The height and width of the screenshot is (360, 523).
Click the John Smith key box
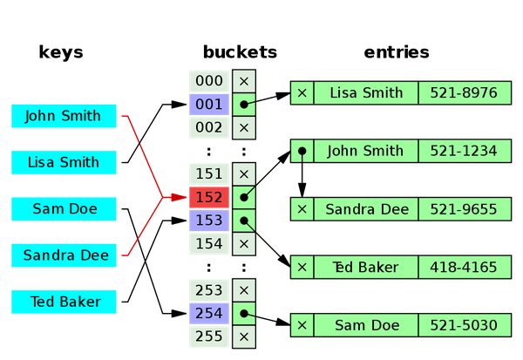(x=64, y=116)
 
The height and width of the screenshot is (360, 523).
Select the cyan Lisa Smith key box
(x=64, y=162)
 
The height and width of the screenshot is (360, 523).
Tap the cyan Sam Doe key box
(x=64, y=208)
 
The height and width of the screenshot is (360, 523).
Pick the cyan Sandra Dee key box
(x=64, y=255)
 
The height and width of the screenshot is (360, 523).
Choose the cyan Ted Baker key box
(x=64, y=302)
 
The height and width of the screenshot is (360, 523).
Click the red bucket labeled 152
(x=209, y=197)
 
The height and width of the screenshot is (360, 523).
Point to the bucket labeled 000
(x=209, y=81)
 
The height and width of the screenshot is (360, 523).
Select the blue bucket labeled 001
(x=209, y=105)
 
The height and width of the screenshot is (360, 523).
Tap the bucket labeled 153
(x=209, y=221)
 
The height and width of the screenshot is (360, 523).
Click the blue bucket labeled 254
(x=209, y=313)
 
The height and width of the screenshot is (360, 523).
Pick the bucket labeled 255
(x=209, y=336)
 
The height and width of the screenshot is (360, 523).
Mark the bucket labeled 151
(x=209, y=173)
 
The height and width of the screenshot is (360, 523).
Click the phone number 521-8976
(x=463, y=92)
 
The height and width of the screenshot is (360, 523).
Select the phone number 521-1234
(x=463, y=151)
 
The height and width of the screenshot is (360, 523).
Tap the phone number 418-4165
(x=463, y=267)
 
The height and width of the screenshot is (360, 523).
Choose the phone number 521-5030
(x=463, y=325)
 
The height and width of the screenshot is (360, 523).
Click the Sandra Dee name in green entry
(x=365, y=209)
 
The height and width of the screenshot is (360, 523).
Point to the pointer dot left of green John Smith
(x=302, y=152)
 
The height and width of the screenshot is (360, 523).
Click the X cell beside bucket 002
(x=244, y=127)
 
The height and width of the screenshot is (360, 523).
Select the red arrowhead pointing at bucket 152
(x=179, y=198)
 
